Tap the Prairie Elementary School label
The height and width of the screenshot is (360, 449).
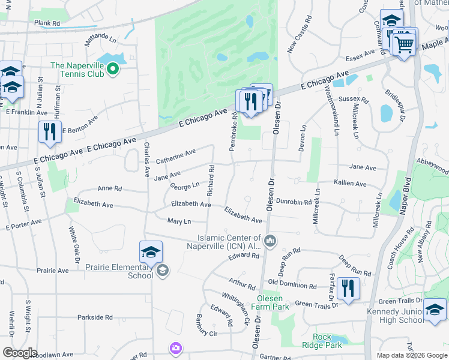point(124,271)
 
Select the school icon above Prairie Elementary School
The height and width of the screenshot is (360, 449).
point(151,252)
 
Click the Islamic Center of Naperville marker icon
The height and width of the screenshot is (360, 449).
point(270,241)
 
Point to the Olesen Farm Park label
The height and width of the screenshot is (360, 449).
point(274,302)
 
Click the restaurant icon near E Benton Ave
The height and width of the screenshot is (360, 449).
point(50,132)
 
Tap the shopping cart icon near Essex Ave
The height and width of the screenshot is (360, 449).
point(405,43)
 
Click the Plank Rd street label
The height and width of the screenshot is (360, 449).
point(47,23)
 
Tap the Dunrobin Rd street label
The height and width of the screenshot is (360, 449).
point(294,203)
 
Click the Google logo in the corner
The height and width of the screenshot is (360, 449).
point(20,353)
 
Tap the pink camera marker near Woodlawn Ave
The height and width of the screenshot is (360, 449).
point(175,348)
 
